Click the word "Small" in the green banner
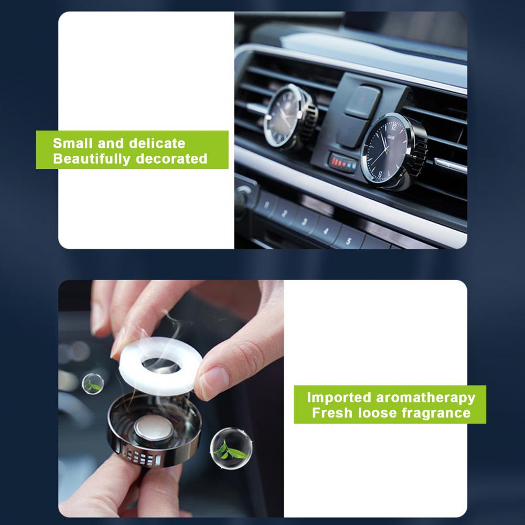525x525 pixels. (72, 143)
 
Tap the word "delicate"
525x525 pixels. (157, 143)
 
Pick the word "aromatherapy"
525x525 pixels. (426, 398)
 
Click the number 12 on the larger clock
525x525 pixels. (394, 127)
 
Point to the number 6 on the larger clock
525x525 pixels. (380, 175)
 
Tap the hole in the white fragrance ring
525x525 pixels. (160, 365)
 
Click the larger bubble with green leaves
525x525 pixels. (231, 448)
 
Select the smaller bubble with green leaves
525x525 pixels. (93, 384)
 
